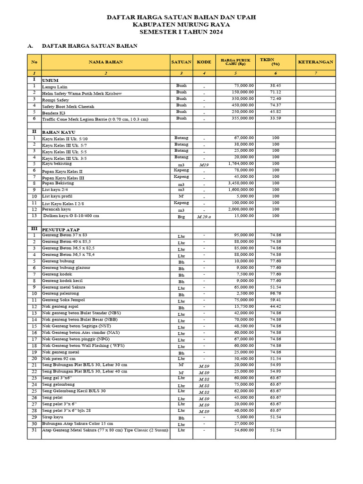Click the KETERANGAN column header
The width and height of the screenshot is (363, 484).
tap(315, 62)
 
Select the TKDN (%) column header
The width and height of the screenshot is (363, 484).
tap(276, 62)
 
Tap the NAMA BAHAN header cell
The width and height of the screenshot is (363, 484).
tap(106, 62)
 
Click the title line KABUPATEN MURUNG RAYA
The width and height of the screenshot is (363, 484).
tap(181, 25)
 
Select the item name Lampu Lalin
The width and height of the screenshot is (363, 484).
tap(54, 87)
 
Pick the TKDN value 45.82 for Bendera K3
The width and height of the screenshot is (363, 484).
tap(276, 112)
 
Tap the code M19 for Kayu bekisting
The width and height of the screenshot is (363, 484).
tap(204, 164)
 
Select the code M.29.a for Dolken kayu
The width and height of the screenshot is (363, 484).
tap(204, 216)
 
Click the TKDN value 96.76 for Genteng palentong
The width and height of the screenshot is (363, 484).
tap(276, 294)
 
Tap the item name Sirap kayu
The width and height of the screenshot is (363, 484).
tap(52, 417)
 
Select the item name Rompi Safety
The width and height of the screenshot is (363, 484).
tap(55, 100)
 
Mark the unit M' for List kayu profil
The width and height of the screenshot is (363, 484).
tap(181, 196)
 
